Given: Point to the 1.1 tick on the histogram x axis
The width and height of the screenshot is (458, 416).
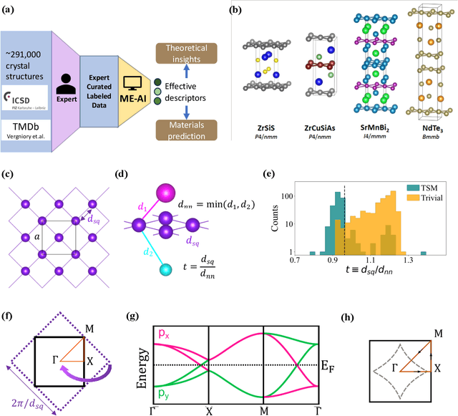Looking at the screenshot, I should click(x=371, y=263).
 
